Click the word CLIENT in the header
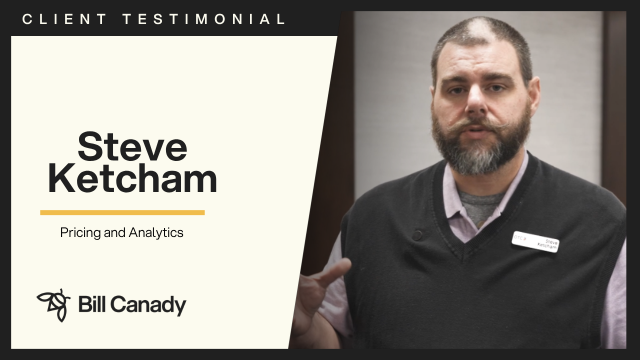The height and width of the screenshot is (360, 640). pos(64,19)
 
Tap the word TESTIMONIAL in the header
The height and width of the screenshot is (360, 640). pos(204,19)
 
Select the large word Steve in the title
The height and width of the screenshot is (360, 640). pos(132,146)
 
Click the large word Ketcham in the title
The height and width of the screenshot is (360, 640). pos(132,178)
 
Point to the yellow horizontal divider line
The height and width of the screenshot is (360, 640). pos(122,212)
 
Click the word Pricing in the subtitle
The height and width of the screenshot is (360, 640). pos(80,233)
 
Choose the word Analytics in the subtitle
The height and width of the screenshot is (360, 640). pos(156,233)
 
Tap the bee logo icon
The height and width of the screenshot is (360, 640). pos(53,304)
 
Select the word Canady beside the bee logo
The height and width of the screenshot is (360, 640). pos(148,305)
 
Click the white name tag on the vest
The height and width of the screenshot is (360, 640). pos(535,242)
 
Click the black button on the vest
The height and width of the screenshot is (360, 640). pos(417,235)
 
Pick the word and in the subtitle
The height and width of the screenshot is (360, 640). pos(115,232)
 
